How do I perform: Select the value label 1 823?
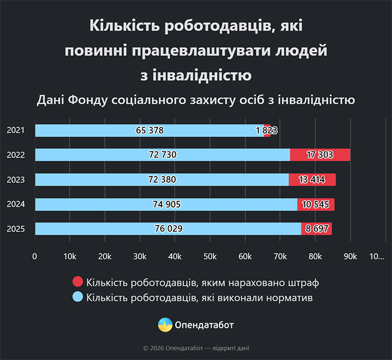coord(267,131)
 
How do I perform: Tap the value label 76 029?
coord(169,229)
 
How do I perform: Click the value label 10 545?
coord(316,204)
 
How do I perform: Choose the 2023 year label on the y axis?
coord(15,179)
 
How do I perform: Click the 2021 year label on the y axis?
coord(15,131)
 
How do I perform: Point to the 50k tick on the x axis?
coord(210,256)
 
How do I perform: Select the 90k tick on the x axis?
coord(351,256)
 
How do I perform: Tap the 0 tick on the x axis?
coord(35,256)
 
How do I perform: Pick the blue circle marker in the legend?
coord(78,297)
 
